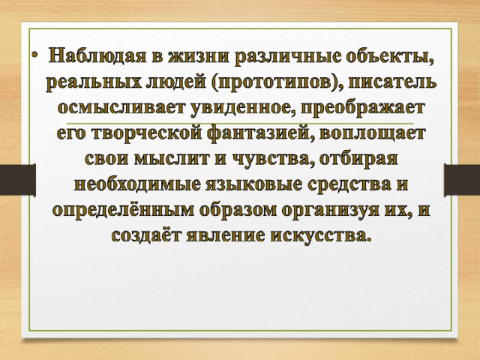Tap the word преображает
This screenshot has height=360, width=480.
[x=362, y=108]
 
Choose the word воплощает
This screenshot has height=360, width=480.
[x=372, y=133]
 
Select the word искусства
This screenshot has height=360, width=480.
[x=321, y=235]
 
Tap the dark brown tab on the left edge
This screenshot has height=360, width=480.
[x=18, y=180]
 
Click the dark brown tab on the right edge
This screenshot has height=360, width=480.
[x=462, y=180]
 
